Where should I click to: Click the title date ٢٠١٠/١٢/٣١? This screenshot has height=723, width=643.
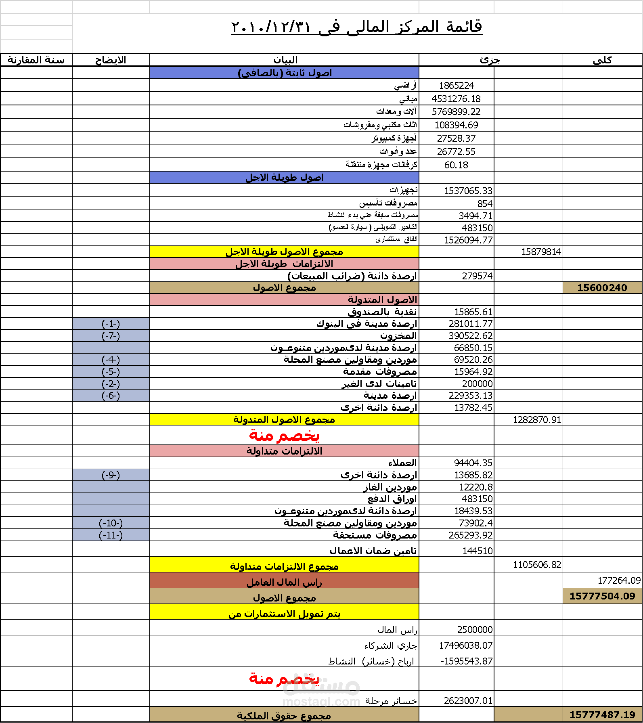(x=271, y=27)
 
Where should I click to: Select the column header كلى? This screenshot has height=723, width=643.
(x=602, y=60)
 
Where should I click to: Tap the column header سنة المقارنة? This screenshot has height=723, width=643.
(x=36, y=60)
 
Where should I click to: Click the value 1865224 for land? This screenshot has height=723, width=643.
(x=456, y=86)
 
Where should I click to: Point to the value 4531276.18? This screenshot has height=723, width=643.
(x=456, y=99)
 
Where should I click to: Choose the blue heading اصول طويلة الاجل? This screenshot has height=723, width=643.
(x=284, y=178)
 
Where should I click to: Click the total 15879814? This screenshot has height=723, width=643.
(x=541, y=252)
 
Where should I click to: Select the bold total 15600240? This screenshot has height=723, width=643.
(x=602, y=288)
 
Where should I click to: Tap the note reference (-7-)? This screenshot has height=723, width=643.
(x=111, y=336)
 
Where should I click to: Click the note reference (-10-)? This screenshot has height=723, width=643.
(x=111, y=523)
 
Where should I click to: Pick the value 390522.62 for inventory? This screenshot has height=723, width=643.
(x=471, y=336)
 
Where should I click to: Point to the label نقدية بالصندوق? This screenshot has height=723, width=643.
(x=382, y=312)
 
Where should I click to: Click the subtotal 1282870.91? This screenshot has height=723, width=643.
(x=537, y=420)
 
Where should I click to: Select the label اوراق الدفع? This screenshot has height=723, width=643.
(x=392, y=499)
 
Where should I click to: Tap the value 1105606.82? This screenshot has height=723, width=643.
(x=537, y=565)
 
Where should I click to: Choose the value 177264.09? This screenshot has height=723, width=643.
(x=619, y=580)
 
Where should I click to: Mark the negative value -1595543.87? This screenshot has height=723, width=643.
(x=467, y=661)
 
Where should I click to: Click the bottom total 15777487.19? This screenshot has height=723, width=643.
(x=602, y=715)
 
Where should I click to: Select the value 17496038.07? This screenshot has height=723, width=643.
(x=466, y=645)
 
